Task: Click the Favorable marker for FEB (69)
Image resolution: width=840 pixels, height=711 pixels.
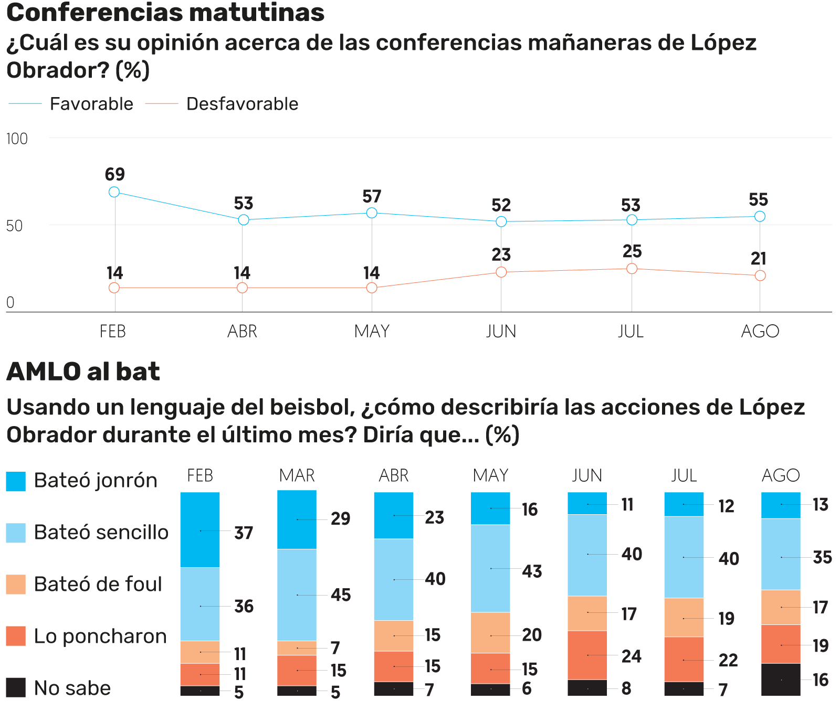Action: tap(114, 192)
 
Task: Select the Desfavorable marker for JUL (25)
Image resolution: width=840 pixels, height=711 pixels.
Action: tap(632, 269)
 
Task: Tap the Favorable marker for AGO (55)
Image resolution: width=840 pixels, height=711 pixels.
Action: tap(760, 216)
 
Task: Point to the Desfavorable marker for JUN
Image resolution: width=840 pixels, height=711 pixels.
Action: tap(501, 272)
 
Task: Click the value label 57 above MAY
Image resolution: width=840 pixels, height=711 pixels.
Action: tap(372, 197)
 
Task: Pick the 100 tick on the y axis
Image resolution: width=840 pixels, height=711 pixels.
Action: tap(17, 139)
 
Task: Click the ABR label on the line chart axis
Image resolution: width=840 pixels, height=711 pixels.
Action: tap(242, 331)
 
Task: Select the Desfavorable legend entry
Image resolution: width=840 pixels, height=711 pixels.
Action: tap(241, 104)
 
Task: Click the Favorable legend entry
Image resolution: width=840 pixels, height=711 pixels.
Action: tap(91, 104)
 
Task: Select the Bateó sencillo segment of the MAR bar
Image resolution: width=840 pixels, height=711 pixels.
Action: tap(297, 595)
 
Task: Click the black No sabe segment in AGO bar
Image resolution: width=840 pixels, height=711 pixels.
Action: tap(781, 680)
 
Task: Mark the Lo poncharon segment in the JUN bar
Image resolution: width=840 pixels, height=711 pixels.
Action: tap(587, 655)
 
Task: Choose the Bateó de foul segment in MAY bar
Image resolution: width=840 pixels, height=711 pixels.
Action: tap(490, 632)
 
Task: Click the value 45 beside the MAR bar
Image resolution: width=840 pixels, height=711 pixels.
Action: tap(341, 595)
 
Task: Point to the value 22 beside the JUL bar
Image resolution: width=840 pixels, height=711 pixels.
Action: tap(728, 660)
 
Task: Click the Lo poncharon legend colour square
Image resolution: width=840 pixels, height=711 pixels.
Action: tap(16, 635)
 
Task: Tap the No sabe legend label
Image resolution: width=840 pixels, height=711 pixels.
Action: tap(72, 688)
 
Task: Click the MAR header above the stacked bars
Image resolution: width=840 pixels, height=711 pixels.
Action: tap(297, 475)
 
